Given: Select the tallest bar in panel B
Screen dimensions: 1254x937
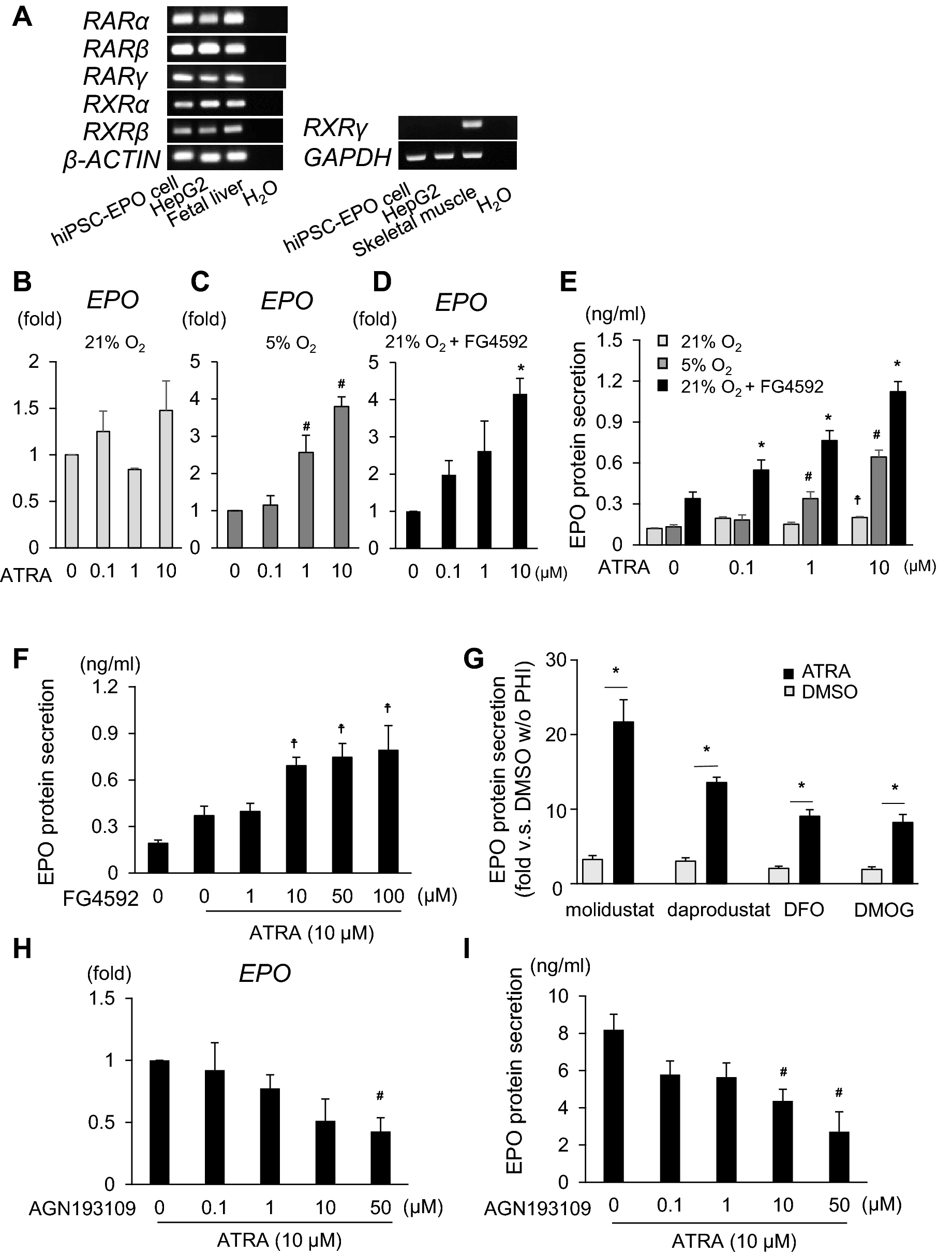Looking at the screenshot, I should point(166,478).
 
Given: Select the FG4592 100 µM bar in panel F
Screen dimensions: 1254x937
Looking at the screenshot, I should point(388,811).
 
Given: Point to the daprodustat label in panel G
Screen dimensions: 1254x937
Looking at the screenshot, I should point(718,910).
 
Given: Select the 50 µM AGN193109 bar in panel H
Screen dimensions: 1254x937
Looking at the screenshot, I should point(380,1158).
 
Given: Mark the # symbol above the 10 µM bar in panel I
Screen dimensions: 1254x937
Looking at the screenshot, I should point(783,1071).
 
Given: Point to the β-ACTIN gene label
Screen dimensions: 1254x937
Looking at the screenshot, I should point(112,159).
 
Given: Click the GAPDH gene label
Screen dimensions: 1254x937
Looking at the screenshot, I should point(348,158).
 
